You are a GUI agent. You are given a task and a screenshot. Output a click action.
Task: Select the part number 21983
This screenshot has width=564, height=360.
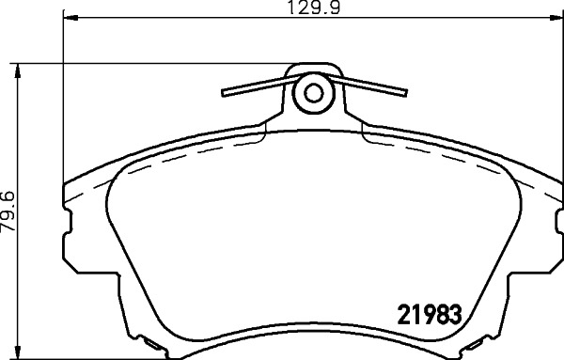pyautogui.click(x=429, y=315)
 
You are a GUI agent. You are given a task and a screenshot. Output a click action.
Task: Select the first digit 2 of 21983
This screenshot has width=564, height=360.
pyautogui.click(x=397, y=315)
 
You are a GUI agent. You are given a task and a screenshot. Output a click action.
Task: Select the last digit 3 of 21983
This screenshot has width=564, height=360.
pyautogui.click(x=461, y=315)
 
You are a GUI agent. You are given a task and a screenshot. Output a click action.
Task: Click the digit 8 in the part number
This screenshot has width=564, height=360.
pyautogui.click(x=445, y=315)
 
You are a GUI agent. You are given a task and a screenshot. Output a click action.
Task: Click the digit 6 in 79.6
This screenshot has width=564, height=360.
pyautogui.click(x=8, y=193)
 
